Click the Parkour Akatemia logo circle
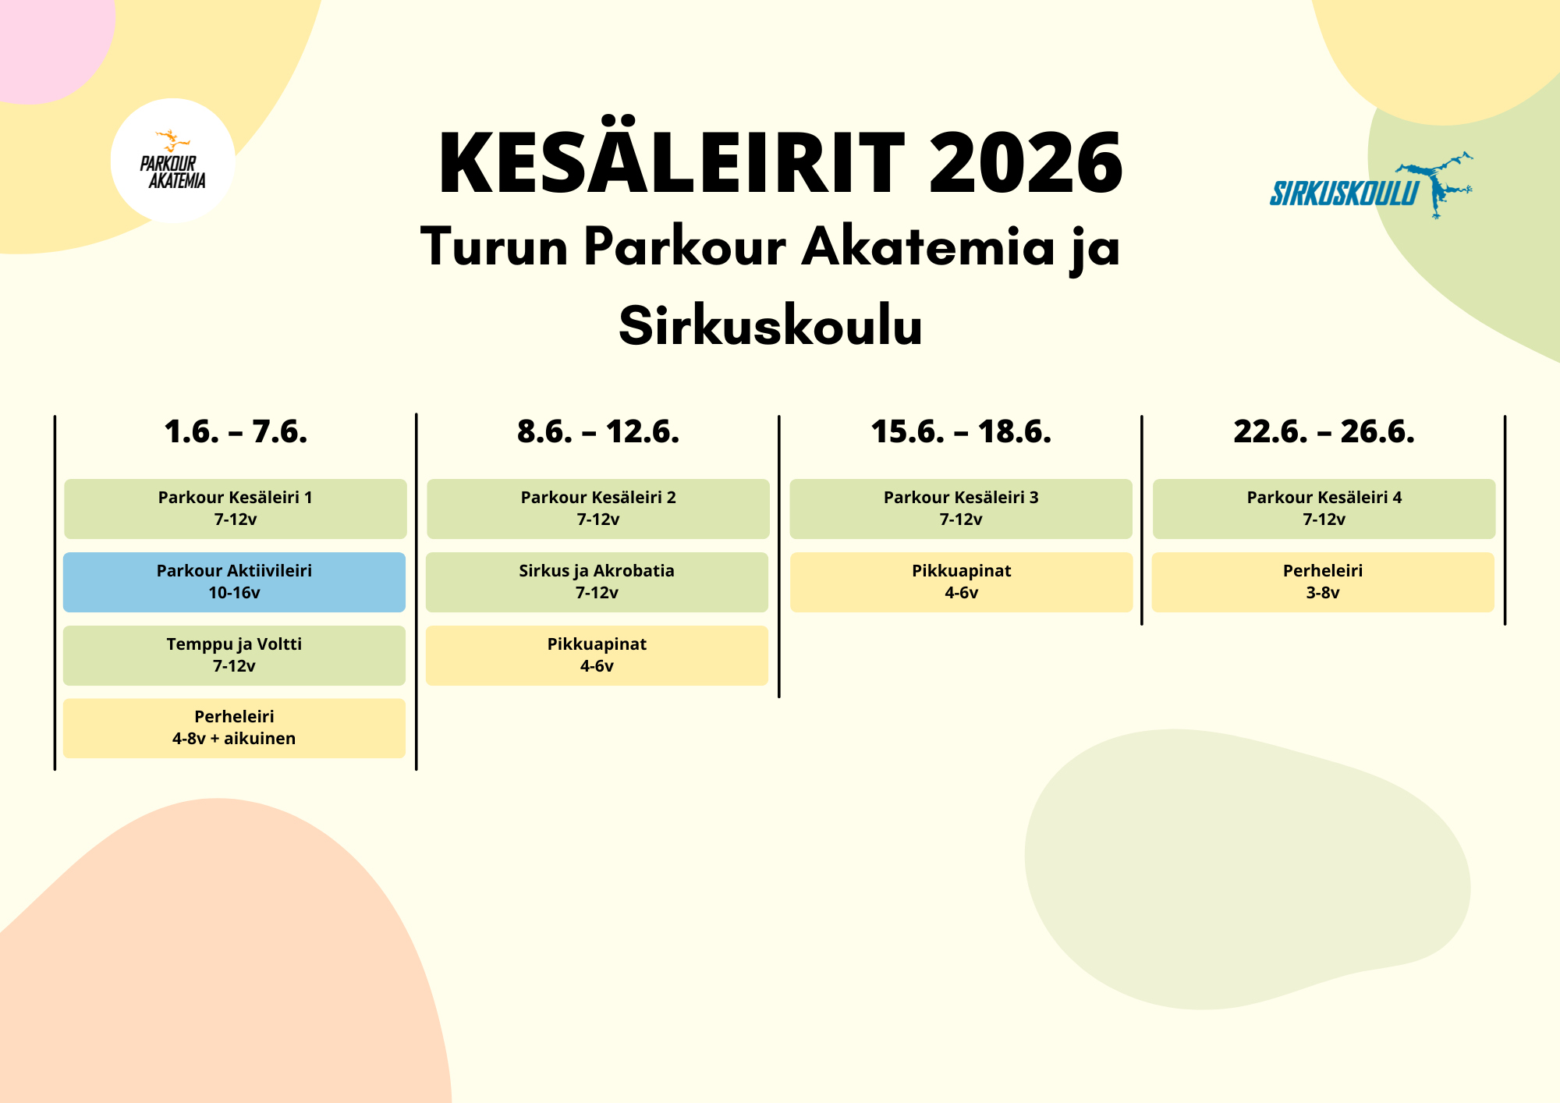(x=172, y=161)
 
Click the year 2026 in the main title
(x=1026, y=162)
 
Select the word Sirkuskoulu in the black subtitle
(x=771, y=325)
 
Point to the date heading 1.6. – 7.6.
(x=236, y=431)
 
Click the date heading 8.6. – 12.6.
(x=598, y=431)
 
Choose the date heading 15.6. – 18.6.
(x=961, y=431)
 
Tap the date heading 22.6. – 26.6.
(x=1324, y=431)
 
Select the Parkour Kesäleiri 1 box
(x=236, y=509)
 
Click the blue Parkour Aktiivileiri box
(x=234, y=582)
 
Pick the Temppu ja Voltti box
(x=234, y=655)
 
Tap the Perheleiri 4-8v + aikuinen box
(x=234, y=728)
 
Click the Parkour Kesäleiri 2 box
(x=598, y=509)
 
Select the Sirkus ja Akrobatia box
(x=597, y=582)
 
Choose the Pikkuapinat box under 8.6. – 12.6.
(x=597, y=655)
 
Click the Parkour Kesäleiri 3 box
(x=961, y=509)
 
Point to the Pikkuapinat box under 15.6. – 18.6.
(x=961, y=582)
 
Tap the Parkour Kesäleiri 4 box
(x=1324, y=509)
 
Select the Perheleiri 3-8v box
(x=1323, y=582)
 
